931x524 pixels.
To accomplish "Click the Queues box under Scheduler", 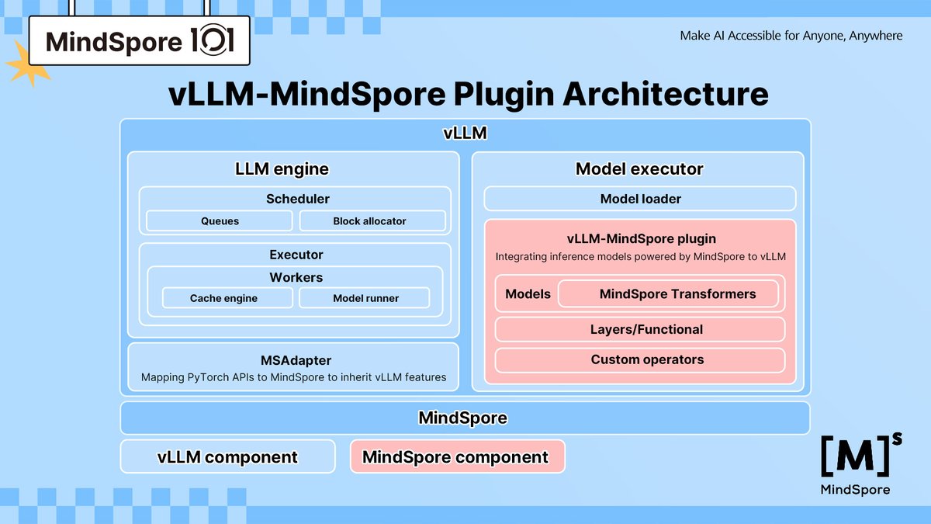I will [x=220, y=221].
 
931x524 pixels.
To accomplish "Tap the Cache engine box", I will [x=223, y=298].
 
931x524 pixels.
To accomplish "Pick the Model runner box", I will [x=365, y=298].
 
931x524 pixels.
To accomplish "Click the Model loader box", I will [x=640, y=199].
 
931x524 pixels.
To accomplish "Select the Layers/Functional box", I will [x=640, y=329].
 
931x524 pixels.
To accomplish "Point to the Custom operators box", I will [x=640, y=359].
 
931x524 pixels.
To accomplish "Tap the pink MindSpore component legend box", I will [x=458, y=457].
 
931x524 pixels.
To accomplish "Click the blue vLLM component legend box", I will [x=227, y=457].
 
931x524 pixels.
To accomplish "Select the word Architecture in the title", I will [x=665, y=94].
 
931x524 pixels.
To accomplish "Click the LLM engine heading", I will [x=282, y=168].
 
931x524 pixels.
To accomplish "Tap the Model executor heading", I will [x=639, y=168].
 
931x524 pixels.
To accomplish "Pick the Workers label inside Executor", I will [x=296, y=277].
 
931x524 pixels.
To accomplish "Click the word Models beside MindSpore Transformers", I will [x=528, y=294].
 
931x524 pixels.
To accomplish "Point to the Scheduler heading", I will [x=297, y=199].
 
